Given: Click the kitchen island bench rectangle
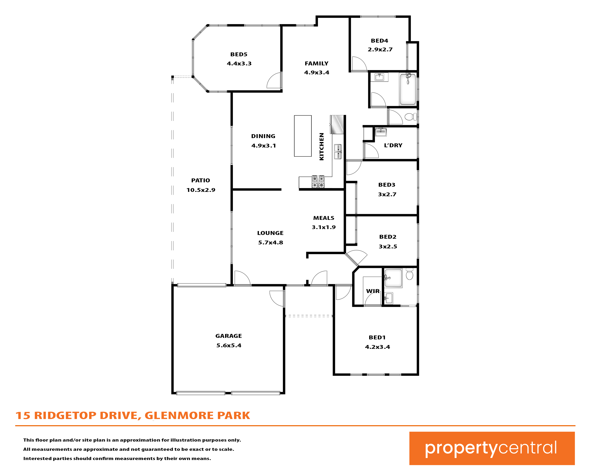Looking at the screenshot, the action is (303, 136).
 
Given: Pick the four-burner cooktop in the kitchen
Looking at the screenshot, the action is (318, 182).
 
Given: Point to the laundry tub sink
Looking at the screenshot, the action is (381, 132).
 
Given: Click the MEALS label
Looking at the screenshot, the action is (324, 218).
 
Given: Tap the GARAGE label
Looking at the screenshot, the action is (228, 336).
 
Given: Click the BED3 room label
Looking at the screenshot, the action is (387, 185).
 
